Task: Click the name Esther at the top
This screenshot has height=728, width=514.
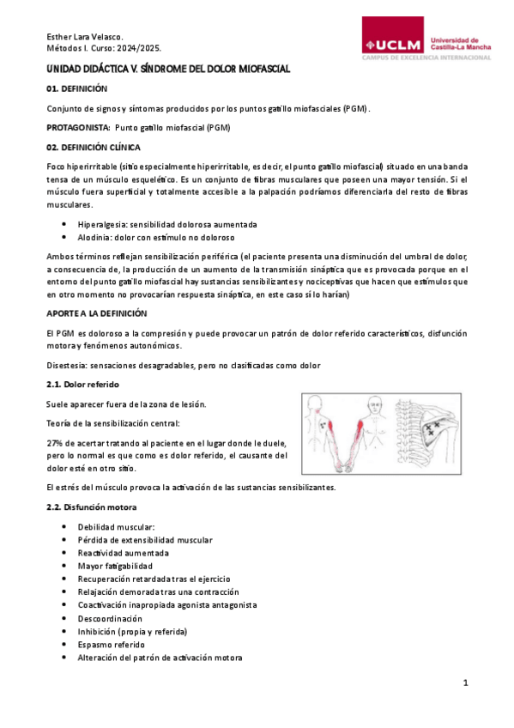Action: (59, 37)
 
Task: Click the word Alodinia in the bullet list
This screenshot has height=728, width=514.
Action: (96, 237)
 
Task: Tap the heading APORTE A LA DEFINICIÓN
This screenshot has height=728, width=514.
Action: (96, 313)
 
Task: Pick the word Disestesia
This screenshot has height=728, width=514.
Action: (69, 365)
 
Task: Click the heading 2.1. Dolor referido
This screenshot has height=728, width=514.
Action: (82, 384)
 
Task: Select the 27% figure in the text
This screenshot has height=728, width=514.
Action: (55, 442)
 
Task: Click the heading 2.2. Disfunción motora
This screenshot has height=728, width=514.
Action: (92, 507)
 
